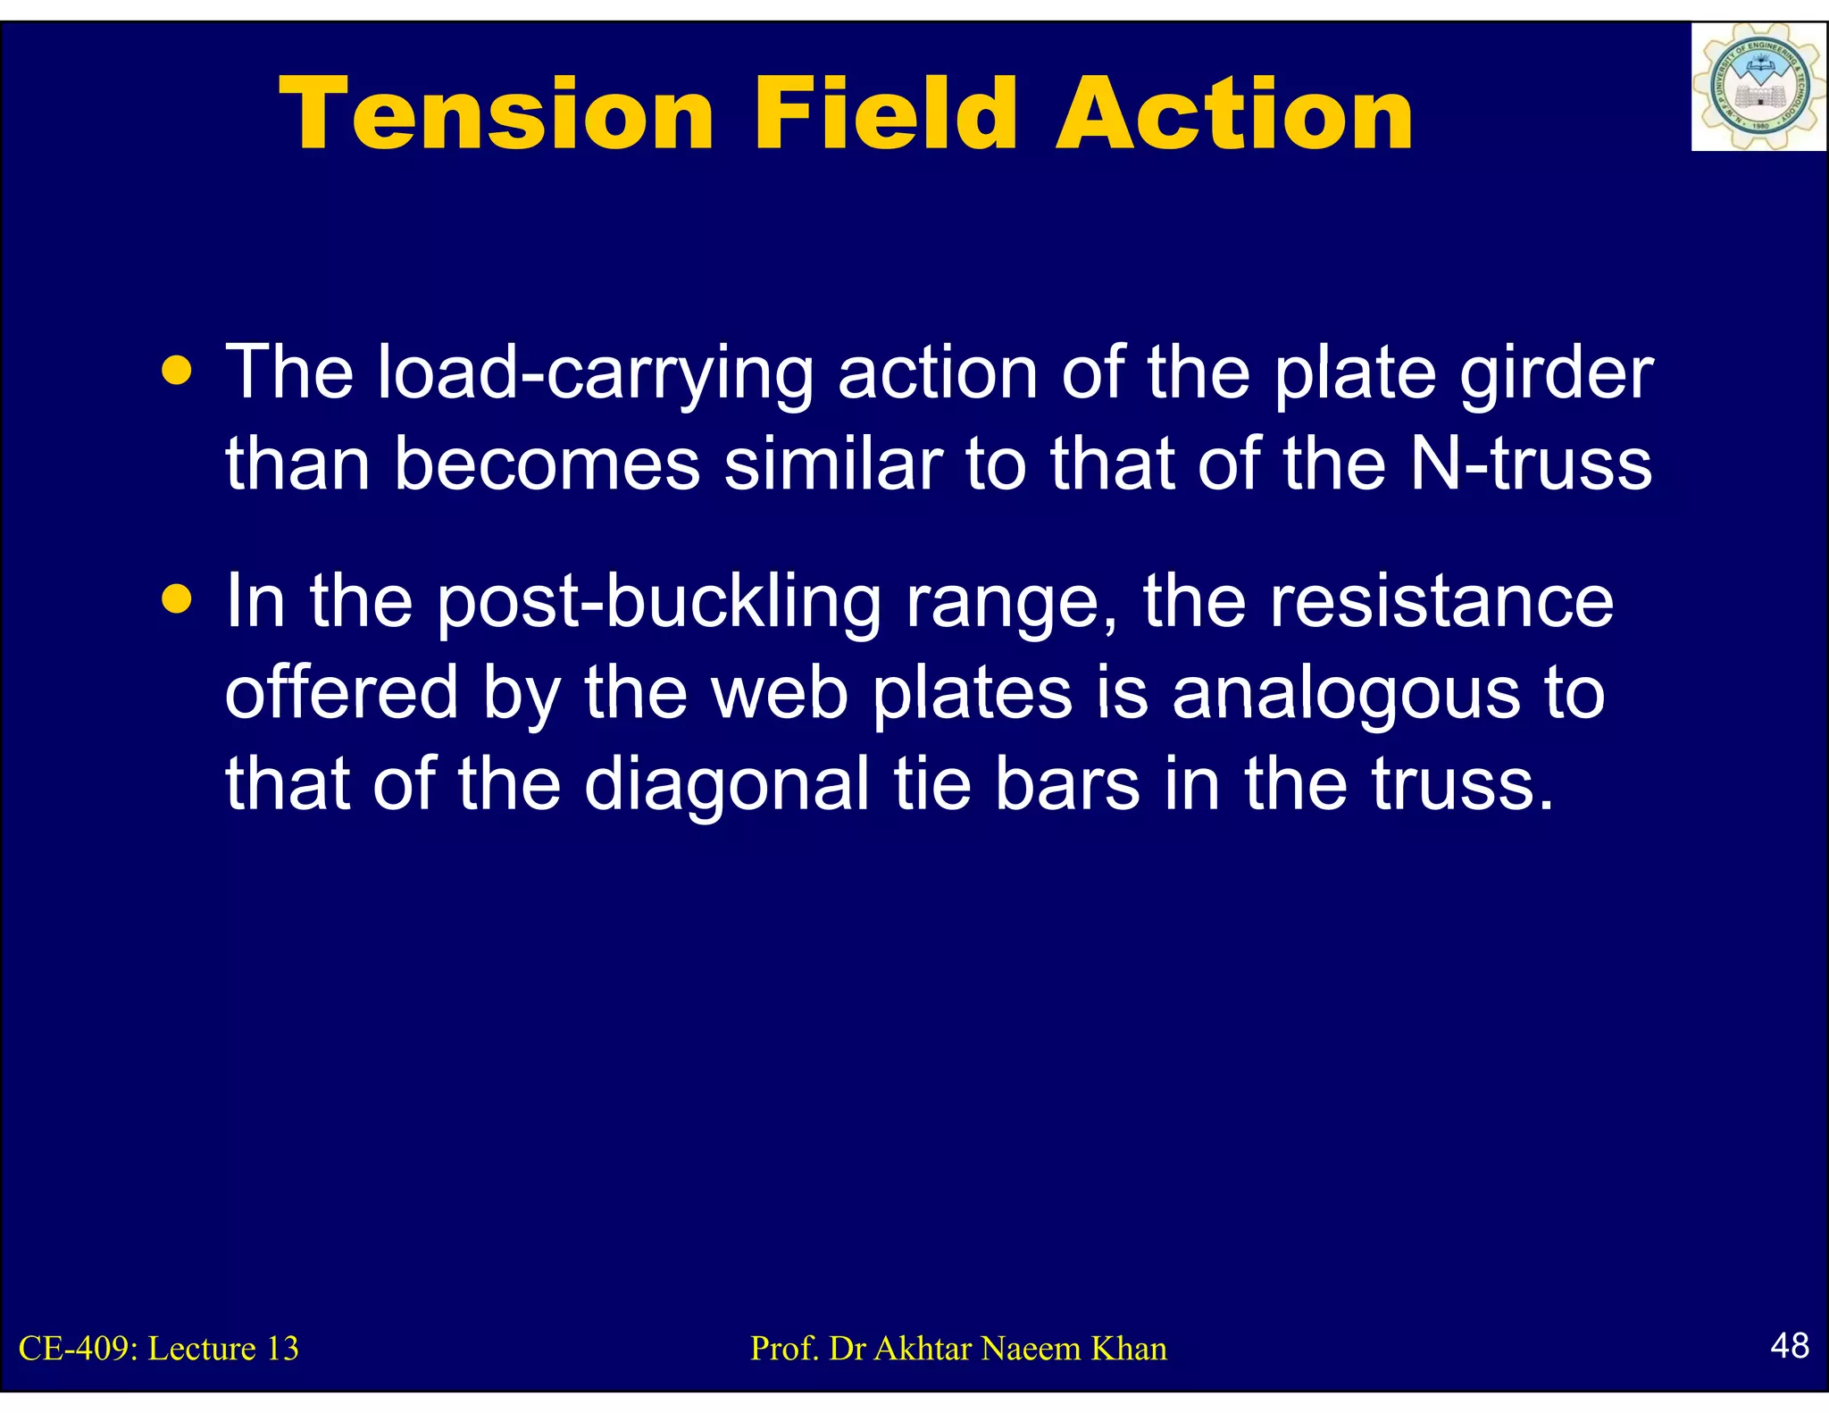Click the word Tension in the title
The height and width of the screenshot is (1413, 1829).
click(496, 114)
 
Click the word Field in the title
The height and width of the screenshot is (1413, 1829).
click(885, 114)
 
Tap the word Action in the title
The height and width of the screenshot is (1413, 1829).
click(1234, 114)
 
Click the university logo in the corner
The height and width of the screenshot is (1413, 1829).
click(1758, 88)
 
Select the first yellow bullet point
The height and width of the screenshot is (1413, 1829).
click(178, 370)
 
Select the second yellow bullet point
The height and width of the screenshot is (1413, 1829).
click(178, 599)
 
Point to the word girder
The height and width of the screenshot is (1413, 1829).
click(1557, 373)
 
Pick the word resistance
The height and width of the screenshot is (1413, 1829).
click(1441, 602)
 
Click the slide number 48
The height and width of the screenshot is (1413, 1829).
click(1789, 1345)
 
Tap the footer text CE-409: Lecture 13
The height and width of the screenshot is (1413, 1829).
click(159, 1349)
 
